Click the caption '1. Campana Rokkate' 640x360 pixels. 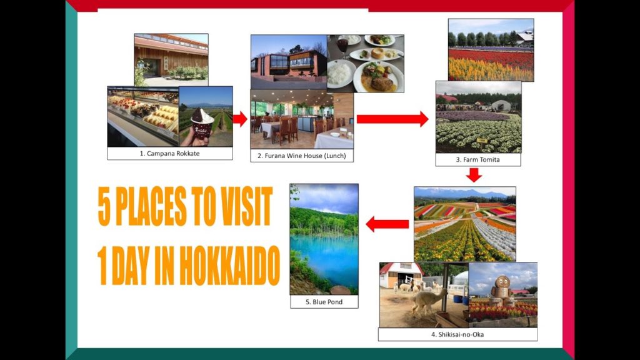(169, 153)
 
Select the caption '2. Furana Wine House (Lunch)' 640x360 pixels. (301, 156)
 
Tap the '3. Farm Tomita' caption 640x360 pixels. (477, 159)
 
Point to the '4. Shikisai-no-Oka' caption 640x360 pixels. (457, 334)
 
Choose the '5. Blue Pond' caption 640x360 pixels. (324, 302)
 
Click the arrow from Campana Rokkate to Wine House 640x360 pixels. (240, 119)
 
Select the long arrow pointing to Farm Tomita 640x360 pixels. (392, 119)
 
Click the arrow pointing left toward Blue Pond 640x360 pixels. (387, 223)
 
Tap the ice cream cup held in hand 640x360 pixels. (202, 122)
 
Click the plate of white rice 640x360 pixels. (340, 74)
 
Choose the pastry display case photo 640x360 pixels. (143, 115)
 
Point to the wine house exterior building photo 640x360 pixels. (288, 62)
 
